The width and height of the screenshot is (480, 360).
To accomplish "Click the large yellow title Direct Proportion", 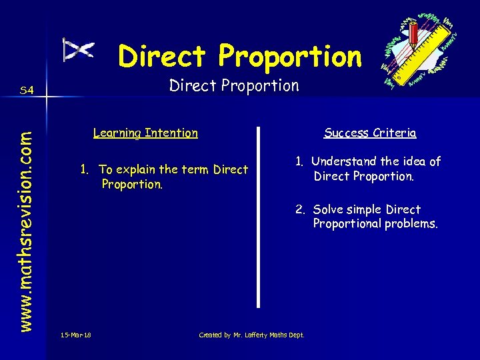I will (x=240, y=57).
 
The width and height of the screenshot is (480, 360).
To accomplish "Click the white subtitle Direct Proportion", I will (x=234, y=85).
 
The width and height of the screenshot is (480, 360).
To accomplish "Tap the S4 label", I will (x=27, y=90).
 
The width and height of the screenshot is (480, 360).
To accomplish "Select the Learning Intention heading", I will (x=145, y=133).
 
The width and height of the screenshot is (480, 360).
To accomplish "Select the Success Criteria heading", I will (x=370, y=133).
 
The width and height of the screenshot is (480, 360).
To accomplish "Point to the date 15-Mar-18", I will (x=75, y=335).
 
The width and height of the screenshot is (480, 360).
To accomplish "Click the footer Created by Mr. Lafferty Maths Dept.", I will (x=251, y=335).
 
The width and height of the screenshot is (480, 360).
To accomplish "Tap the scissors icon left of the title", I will (x=79, y=50).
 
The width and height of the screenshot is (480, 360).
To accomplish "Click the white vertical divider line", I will (x=259, y=217).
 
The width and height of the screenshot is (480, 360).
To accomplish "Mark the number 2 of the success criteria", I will (x=301, y=209).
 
